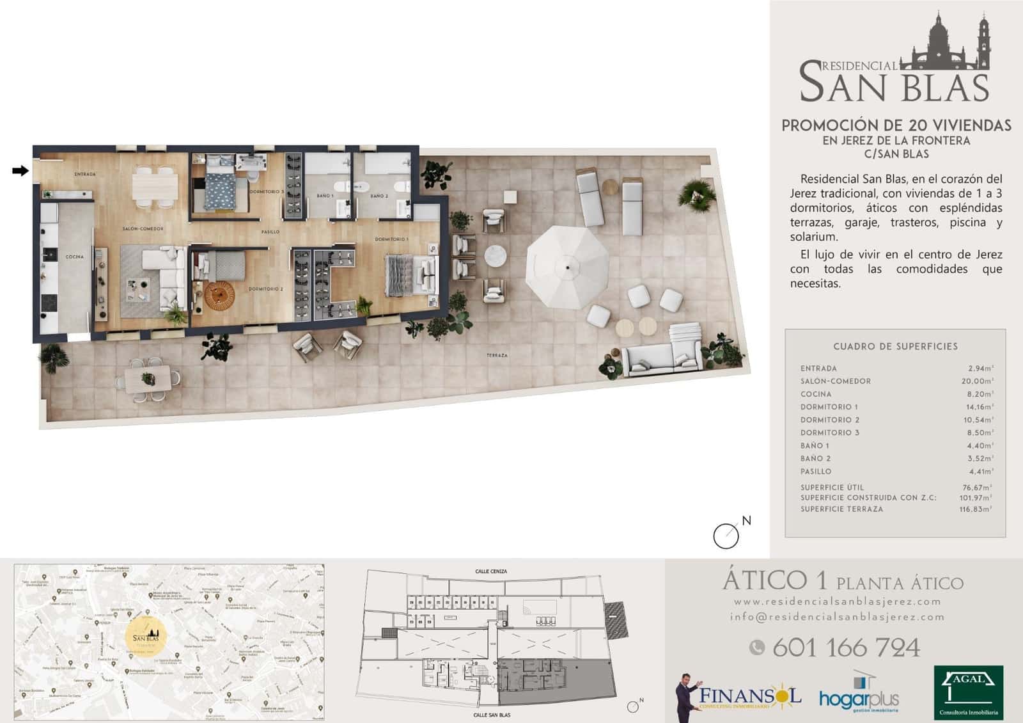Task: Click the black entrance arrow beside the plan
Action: pyautogui.click(x=20, y=171)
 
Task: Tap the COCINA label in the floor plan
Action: pyautogui.click(x=74, y=257)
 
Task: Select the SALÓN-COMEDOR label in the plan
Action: pyautogui.click(x=143, y=229)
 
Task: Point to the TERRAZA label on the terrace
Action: pyautogui.click(x=497, y=356)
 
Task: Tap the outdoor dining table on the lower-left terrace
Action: pyautogui.click(x=152, y=378)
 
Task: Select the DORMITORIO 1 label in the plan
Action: pyautogui.click(x=391, y=239)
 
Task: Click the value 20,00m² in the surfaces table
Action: pyautogui.click(x=980, y=381)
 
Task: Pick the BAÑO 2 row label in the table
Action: pyautogui.click(x=816, y=459)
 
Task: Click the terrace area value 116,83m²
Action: pyautogui.click(x=976, y=509)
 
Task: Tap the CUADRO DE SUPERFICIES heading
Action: pyautogui.click(x=895, y=347)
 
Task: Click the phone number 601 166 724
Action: pyautogui.click(x=846, y=648)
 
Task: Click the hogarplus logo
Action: pyautogui.click(x=859, y=697)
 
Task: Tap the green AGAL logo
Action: pyautogui.click(x=968, y=692)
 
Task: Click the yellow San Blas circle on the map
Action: pyautogui.click(x=146, y=635)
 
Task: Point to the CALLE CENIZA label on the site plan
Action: pyautogui.click(x=491, y=572)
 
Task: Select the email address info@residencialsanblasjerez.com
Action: pyautogui.click(x=837, y=617)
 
